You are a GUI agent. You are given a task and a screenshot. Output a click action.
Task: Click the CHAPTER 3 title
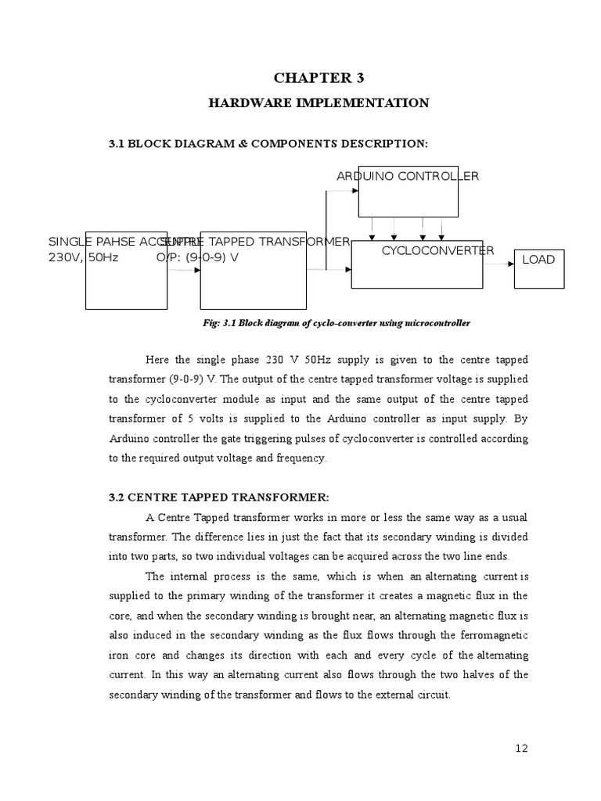(318, 77)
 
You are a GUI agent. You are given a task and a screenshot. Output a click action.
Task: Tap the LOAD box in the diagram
(538, 260)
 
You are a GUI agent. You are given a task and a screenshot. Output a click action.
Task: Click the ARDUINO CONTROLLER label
(407, 176)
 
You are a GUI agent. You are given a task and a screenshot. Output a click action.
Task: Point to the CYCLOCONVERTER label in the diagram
(437, 250)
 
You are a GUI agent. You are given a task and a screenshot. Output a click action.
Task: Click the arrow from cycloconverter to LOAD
(498, 264)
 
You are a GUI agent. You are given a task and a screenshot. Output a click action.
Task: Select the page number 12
(522, 749)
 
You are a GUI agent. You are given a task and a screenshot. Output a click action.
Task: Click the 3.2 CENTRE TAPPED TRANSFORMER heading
(219, 497)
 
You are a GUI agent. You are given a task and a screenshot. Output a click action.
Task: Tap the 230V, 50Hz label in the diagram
(84, 257)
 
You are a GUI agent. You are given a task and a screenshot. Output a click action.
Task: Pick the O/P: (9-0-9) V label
(197, 257)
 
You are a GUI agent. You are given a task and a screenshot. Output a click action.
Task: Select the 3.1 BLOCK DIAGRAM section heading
(268, 143)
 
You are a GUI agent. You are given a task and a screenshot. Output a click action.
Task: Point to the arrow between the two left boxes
(185, 271)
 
